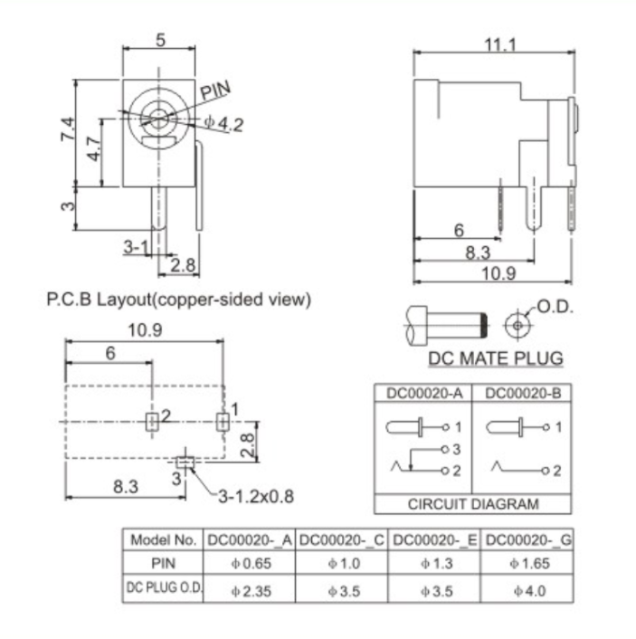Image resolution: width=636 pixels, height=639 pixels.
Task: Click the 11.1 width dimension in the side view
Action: tap(499, 44)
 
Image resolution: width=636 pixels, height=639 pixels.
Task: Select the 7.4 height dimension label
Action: tap(68, 129)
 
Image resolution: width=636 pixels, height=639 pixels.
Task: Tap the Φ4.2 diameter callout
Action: tap(223, 123)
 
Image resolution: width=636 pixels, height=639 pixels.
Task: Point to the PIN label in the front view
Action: tap(215, 91)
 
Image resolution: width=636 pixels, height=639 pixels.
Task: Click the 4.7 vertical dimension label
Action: tap(93, 148)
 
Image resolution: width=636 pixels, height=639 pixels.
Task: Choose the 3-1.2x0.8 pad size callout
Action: tap(256, 497)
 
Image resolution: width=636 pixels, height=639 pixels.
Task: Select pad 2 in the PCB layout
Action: tap(152, 422)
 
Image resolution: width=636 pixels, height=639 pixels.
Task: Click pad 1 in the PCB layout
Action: tap(223, 422)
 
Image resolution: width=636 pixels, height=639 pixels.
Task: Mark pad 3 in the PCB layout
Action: tap(185, 463)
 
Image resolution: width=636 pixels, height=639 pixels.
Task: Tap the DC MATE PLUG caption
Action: tap(496, 358)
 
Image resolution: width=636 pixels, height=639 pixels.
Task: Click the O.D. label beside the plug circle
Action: tap(555, 307)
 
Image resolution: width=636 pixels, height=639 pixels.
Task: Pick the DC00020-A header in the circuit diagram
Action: tap(424, 393)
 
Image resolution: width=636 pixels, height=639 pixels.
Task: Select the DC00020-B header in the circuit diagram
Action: tap(523, 393)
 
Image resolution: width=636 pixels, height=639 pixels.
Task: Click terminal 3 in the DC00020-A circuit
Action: tap(445, 450)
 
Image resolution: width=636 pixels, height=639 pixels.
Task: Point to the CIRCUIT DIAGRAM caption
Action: tap(473, 504)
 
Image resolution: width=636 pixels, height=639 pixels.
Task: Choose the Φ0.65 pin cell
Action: tap(251, 563)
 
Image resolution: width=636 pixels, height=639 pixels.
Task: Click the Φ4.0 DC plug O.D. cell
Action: tap(529, 590)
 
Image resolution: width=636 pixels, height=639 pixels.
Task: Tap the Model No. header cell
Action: tap(164, 540)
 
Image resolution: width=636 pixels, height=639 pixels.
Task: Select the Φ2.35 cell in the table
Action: tap(251, 591)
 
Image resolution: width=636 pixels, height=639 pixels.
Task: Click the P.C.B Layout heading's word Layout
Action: tap(124, 300)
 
